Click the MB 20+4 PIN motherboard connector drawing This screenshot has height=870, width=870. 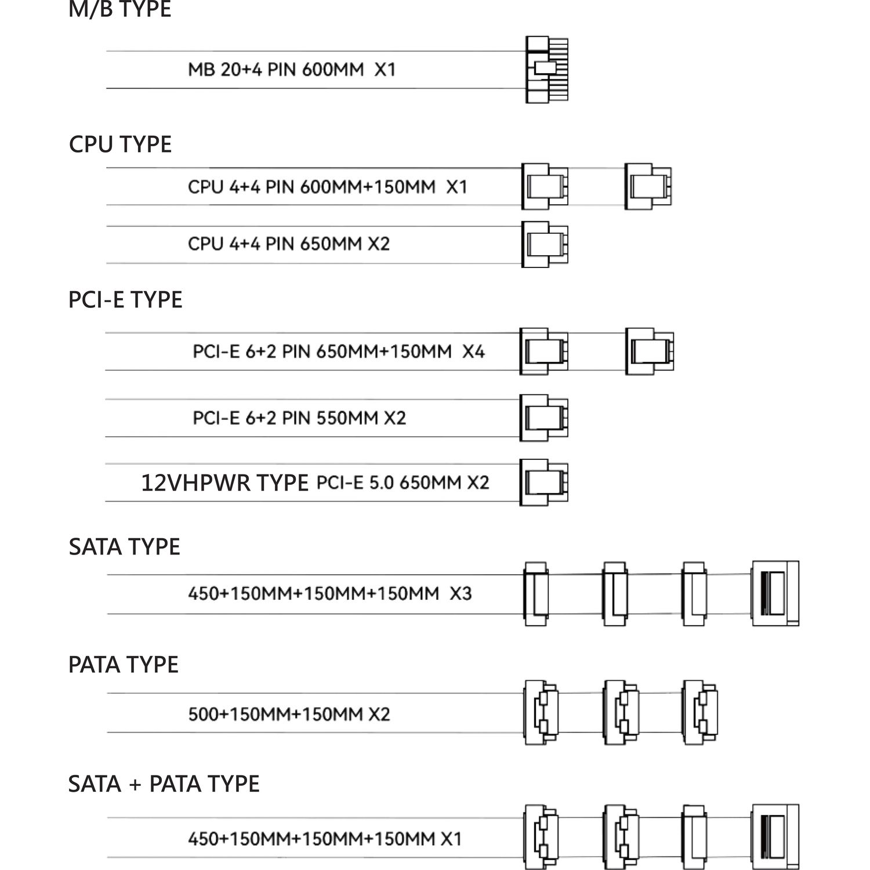pyautogui.click(x=547, y=70)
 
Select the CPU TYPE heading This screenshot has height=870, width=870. pyautogui.click(x=120, y=144)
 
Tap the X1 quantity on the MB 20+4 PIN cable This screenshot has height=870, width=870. pyautogui.click(x=385, y=70)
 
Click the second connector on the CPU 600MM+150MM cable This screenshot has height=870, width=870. pyautogui.click(x=648, y=187)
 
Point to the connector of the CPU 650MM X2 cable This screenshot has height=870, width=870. pyautogui.click(x=545, y=244)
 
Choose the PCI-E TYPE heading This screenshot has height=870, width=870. pyautogui.click(x=125, y=299)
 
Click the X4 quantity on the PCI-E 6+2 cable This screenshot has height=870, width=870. pyautogui.click(x=473, y=351)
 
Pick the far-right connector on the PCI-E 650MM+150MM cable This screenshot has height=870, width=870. pyautogui.click(x=650, y=351)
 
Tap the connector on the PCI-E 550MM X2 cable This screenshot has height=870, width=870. pyautogui.click(x=544, y=418)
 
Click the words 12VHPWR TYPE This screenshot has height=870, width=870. pyautogui.click(x=224, y=483)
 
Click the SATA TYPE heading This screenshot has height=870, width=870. pyautogui.click(x=124, y=546)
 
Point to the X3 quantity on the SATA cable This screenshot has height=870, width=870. pyautogui.click(x=461, y=593)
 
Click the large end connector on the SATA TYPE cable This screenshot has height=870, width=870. pyautogui.click(x=775, y=593)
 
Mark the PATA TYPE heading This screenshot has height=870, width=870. pyautogui.click(x=123, y=665)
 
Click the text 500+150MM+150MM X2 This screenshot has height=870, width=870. pyautogui.click(x=289, y=714)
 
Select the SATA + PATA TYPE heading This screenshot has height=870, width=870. pyautogui.click(x=164, y=784)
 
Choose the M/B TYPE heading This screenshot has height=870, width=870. pyautogui.click(x=120, y=9)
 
